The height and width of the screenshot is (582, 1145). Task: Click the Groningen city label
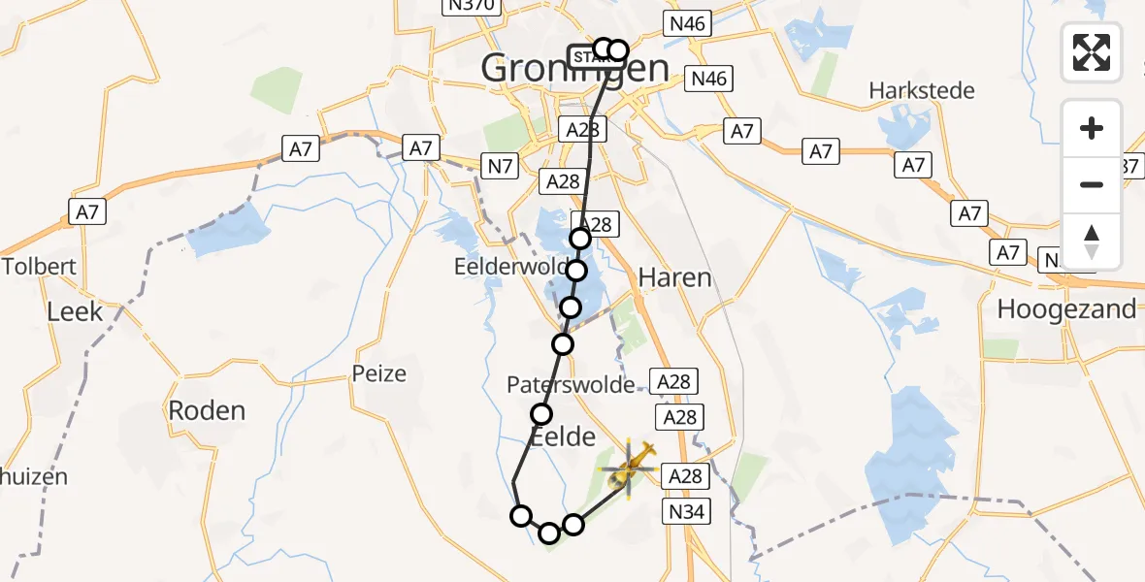[x=574, y=69]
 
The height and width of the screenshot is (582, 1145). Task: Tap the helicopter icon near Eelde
[x=628, y=469]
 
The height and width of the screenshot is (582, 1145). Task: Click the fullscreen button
[x=1092, y=52]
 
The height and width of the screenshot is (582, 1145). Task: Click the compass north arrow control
[x=1092, y=242]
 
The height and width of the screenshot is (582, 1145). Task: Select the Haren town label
[x=674, y=278]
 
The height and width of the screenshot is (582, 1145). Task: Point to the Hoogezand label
[x=1066, y=309]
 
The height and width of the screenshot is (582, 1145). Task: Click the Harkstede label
[x=922, y=91]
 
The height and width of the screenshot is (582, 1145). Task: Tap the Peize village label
[x=379, y=373]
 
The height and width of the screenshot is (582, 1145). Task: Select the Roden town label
[x=207, y=410]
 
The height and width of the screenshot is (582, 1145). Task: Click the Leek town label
[x=75, y=312]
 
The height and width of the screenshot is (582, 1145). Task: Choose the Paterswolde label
[x=571, y=385]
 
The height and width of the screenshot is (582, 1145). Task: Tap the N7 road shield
[x=501, y=167]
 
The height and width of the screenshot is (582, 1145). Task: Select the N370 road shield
[x=472, y=6]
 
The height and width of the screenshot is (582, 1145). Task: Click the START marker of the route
[x=583, y=55]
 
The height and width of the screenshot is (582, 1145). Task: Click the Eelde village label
[x=563, y=437]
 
